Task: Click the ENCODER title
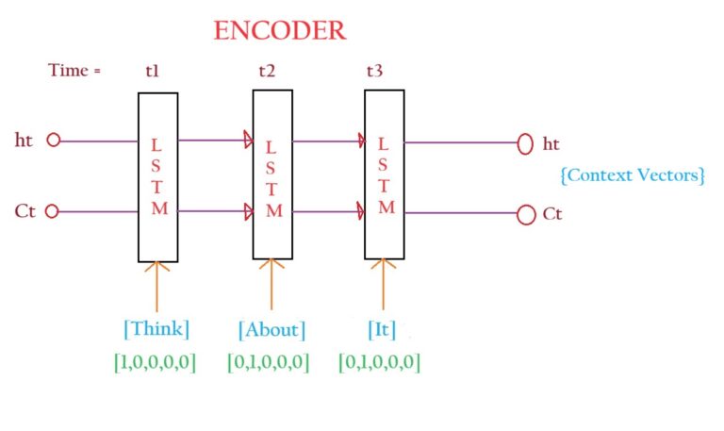pyautogui.click(x=279, y=30)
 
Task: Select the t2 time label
pyautogui.click(x=268, y=71)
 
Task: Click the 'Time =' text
pyautogui.click(x=74, y=71)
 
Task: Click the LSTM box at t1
pyautogui.click(x=158, y=176)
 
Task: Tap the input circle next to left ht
pyautogui.click(x=53, y=140)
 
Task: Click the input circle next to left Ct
pyautogui.click(x=53, y=211)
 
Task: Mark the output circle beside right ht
pyautogui.click(x=526, y=144)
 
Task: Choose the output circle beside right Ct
pyautogui.click(x=526, y=214)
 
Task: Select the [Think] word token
pyautogui.click(x=156, y=329)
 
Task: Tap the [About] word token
pyautogui.click(x=271, y=330)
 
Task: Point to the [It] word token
pyautogui.click(x=382, y=329)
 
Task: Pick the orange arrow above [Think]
pyautogui.click(x=157, y=285)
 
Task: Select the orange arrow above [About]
pyautogui.click(x=271, y=285)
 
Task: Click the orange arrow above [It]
pyautogui.click(x=382, y=285)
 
